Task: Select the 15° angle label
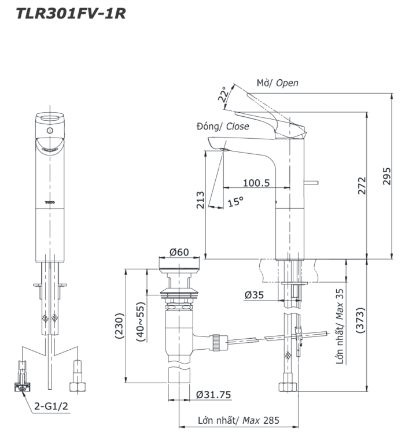(x=235, y=202)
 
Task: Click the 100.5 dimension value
(x=256, y=183)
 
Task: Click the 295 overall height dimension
(x=387, y=176)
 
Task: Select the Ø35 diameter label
(x=254, y=295)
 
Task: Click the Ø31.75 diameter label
(x=213, y=395)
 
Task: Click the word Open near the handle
(x=287, y=83)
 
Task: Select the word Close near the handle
(x=237, y=126)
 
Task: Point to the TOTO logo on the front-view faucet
(x=49, y=202)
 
